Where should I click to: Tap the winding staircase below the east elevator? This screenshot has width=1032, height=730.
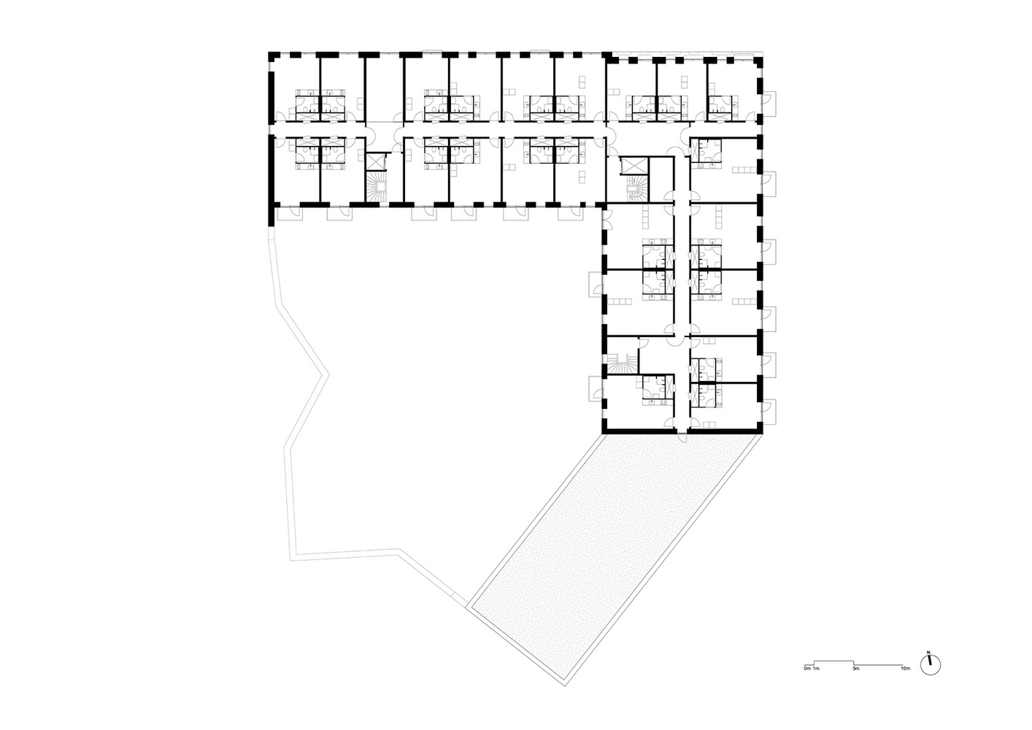(x=636, y=188)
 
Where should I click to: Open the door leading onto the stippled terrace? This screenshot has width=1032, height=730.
(x=682, y=437)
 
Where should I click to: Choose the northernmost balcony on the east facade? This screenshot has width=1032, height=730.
(x=769, y=104)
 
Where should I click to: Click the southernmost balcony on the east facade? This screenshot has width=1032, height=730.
(x=769, y=412)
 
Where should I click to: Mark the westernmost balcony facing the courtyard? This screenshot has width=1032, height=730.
(x=289, y=215)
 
